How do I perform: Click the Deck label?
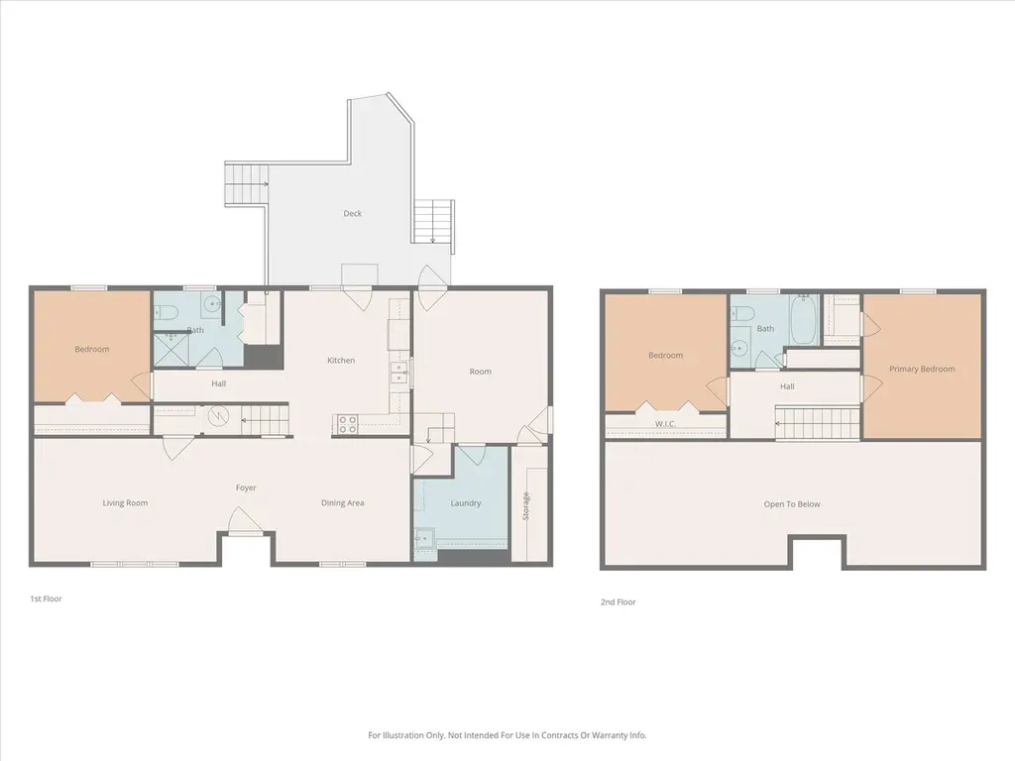[x=352, y=214]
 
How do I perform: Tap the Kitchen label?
[x=341, y=361]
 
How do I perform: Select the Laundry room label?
[x=466, y=502]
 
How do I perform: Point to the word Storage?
[x=525, y=505]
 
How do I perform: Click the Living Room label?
[x=125, y=502]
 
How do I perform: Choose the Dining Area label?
[x=342, y=502]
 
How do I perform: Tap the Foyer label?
[x=246, y=488]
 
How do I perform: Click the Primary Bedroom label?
[x=922, y=369]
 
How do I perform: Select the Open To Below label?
[x=792, y=504]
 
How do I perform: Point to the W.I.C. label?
[x=665, y=424]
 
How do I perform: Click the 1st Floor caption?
[x=46, y=598]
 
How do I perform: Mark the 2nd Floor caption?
[x=619, y=601]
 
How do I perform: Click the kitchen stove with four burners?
[x=348, y=424]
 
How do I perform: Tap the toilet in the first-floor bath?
[x=166, y=313]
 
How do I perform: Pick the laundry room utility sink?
[x=424, y=538]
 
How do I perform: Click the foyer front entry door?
[x=242, y=521]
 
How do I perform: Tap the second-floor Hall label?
[x=787, y=386]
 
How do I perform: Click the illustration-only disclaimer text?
[x=507, y=735]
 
